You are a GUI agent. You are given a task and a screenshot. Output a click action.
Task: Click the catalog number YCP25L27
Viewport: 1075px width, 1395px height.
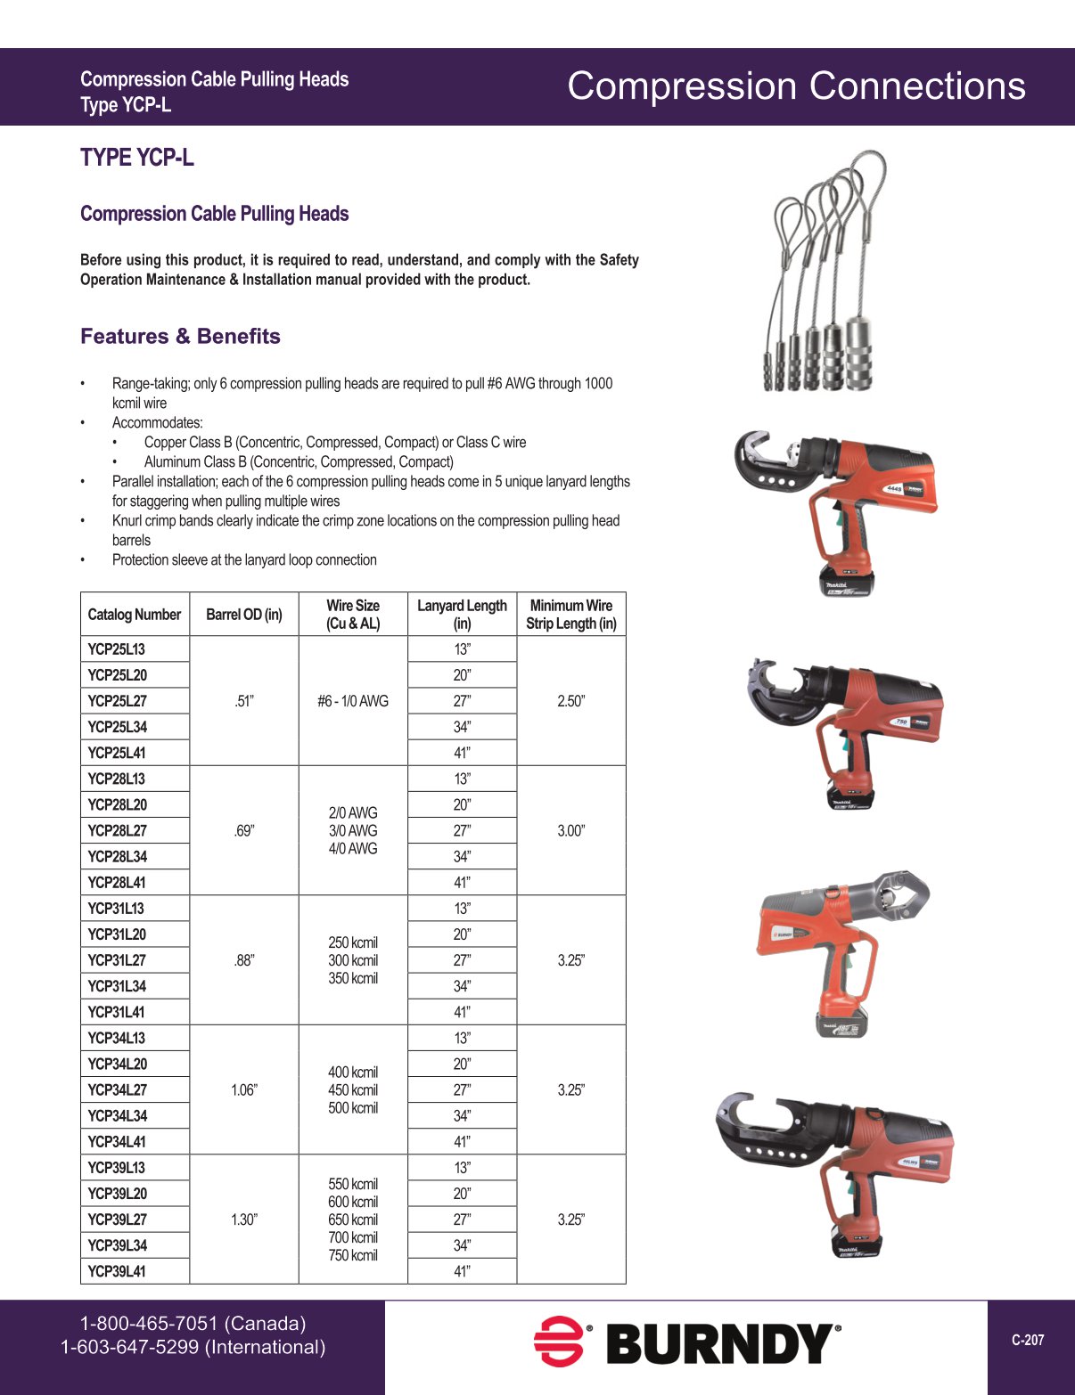tap(117, 701)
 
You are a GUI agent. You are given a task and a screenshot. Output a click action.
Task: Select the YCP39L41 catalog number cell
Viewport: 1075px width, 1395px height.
tap(117, 1271)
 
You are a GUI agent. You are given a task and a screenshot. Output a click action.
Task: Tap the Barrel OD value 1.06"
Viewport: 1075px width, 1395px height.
tap(244, 1090)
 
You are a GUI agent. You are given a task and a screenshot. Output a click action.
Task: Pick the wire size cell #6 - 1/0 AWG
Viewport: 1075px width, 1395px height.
tap(353, 701)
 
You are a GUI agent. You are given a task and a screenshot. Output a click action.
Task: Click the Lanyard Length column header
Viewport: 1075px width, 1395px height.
tap(462, 615)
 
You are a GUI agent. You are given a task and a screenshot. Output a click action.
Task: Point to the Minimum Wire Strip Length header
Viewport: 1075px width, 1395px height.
tap(571, 615)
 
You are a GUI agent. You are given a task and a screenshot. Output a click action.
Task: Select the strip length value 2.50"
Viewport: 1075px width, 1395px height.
tap(571, 701)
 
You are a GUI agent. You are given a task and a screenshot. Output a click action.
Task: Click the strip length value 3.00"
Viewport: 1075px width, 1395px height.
tap(571, 831)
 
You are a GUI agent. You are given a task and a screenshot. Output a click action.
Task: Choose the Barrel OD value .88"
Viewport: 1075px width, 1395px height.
tap(244, 960)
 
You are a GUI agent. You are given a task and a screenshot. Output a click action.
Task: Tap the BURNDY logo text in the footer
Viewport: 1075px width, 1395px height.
tap(723, 1344)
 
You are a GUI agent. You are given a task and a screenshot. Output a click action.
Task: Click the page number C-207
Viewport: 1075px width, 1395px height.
tap(1028, 1340)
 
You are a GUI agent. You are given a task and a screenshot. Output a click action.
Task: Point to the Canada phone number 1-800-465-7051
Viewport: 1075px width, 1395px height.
tap(193, 1324)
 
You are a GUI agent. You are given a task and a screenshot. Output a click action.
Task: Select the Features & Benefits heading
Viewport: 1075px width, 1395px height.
tap(180, 337)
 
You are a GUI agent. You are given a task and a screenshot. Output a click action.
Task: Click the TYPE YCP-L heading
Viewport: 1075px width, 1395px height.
tap(136, 158)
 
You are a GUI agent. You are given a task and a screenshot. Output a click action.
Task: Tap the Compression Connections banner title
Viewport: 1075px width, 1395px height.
tap(796, 86)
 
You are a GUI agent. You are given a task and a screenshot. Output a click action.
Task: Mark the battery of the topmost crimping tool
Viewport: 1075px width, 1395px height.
tap(846, 580)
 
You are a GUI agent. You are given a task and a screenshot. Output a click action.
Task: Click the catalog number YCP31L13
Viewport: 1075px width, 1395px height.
tap(117, 909)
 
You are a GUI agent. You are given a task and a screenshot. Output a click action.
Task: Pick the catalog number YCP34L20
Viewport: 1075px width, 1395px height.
tap(117, 1065)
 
